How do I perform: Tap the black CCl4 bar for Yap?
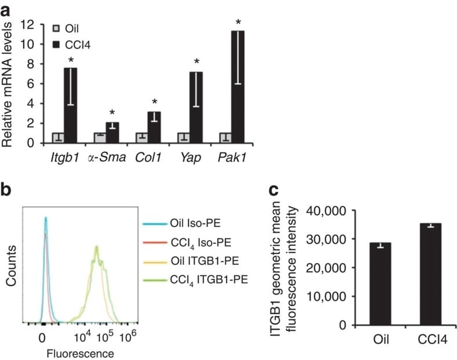(x=196, y=107)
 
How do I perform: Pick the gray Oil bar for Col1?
(x=141, y=137)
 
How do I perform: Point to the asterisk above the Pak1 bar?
(x=238, y=23)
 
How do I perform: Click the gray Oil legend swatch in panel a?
(x=56, y=28)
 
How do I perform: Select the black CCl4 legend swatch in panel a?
(x=56, y=43)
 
